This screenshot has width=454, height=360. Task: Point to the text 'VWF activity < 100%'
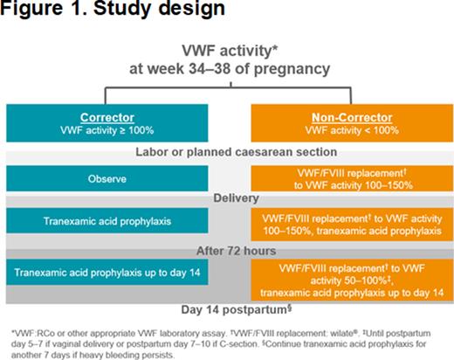coord(340,129)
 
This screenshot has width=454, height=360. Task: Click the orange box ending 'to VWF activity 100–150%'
coord(340,178)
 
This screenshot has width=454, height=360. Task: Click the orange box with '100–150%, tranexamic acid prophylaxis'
coord(340,225)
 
